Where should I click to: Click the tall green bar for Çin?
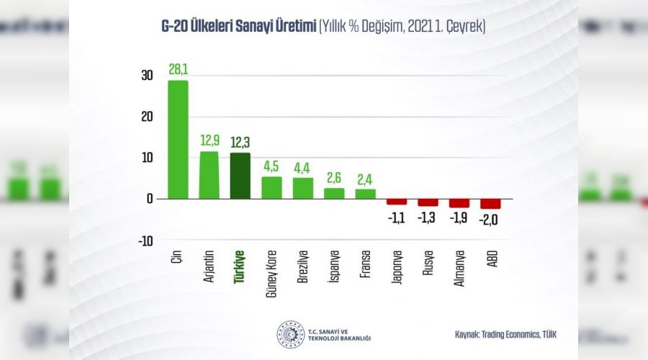(x=178, y=140)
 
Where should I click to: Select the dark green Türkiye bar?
(x=240, y=176)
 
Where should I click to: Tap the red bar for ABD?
(x=490, y=204)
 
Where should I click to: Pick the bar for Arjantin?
(x=209, y=175)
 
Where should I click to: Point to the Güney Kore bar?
(x=271, y=187)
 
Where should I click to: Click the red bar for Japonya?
(x=397, y=202)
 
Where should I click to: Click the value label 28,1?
(x=178, y=71)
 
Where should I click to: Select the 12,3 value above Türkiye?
(x=240, y=143)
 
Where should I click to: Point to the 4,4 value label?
(x=303, y=168)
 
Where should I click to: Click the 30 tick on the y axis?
(x=147, y=76)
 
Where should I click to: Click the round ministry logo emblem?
(x=290, y=335)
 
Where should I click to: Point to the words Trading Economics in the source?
(x=512, y=335)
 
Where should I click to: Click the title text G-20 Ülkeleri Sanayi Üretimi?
(x=238, y=27)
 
